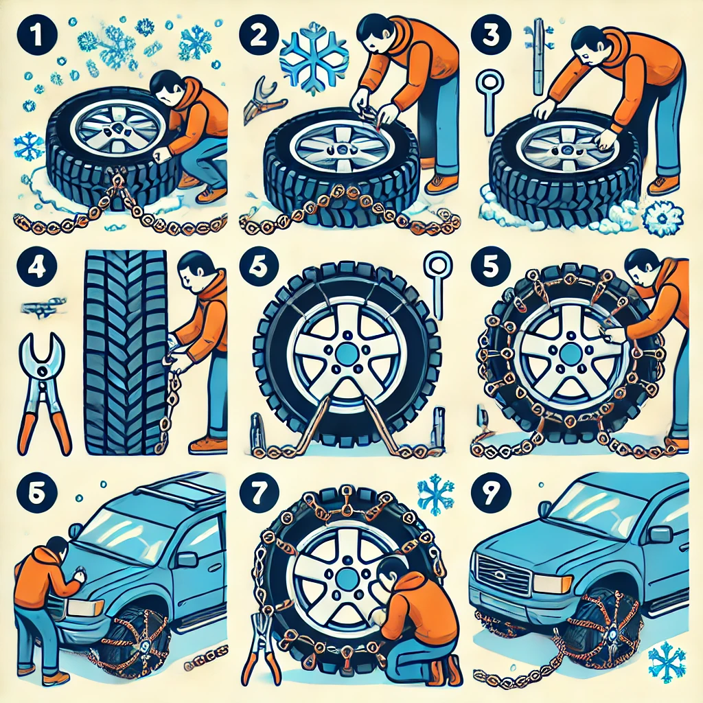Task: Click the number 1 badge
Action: (37, 36)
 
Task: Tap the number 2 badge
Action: (259, 36)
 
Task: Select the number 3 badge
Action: (490, 36)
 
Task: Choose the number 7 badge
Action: (259, 493)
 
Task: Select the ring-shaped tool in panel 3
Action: (489, 102)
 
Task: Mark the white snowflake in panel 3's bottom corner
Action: (662, 217)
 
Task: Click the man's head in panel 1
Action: (165, 87)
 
